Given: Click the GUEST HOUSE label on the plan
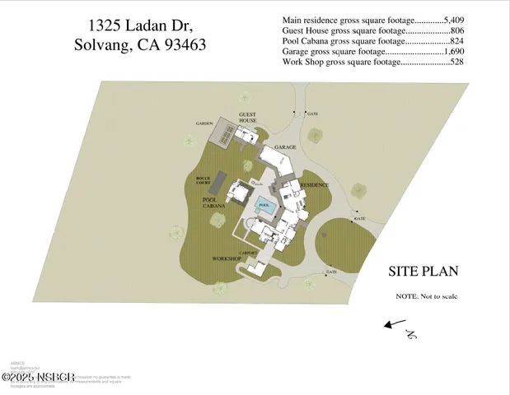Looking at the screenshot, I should (248, 117).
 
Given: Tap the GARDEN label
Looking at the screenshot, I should (204, 123).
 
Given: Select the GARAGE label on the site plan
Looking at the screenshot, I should (285, 147).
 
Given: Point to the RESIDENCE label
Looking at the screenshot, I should (314, 185).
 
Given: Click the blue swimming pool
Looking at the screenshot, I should (265, 208).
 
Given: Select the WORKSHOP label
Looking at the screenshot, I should (227, 258).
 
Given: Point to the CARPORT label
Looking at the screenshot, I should (249, 253).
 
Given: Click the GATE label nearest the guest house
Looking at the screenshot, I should (312, 114).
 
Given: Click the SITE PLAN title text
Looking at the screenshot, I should (423, 272).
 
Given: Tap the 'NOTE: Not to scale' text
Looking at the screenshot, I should (426, 296).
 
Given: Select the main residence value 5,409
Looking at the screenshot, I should (456, 19).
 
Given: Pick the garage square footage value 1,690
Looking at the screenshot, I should (456, 51).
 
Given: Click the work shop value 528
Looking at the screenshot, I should (459, 62).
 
